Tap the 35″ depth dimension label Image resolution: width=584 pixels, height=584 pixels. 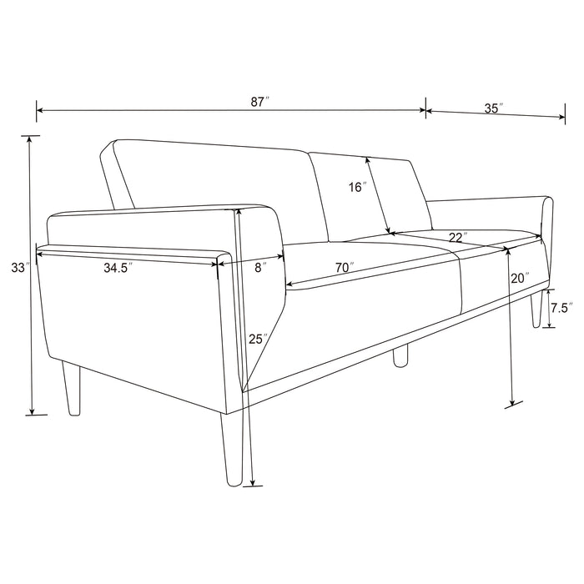point(491,108)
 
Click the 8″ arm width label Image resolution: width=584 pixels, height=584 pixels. point(259,268)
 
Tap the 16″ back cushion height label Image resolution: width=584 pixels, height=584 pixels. point(358,188)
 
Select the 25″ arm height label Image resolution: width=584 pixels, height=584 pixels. point(256,339)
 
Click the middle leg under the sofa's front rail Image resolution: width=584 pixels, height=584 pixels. point(401,355)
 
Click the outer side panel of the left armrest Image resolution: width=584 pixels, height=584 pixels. point(133,325)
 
